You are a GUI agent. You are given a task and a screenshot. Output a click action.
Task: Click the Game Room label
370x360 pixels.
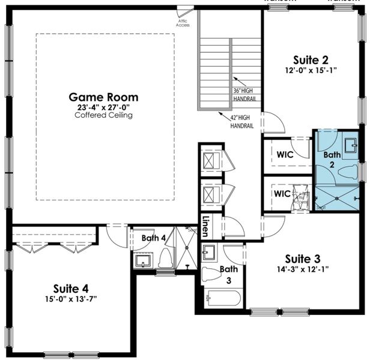pyautogui.click(x=103, y=97)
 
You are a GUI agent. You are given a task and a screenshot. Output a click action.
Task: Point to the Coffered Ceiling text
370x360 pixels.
pyautogui.click(x=103, y=115)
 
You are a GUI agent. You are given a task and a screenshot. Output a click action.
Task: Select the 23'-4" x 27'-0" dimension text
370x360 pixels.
pyautogui.click(x=103, y=107)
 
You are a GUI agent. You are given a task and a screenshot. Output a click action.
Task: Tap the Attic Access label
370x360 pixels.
pyautogui.click(x=183, y=23)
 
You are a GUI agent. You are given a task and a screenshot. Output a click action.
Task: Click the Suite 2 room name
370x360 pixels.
pyautogui.click(x=311, y=59)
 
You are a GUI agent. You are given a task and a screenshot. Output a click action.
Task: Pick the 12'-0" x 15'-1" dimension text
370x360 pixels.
pyautogui.click(x=311, y=70)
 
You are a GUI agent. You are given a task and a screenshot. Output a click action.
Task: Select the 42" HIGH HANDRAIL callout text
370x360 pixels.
pyautogui.click(x=241, y=122)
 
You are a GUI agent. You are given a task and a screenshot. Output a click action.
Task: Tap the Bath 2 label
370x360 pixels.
pyautogui.click(x=332, y=159)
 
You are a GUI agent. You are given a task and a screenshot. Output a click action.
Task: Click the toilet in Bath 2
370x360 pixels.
pyautogui.click(x=348, y=172)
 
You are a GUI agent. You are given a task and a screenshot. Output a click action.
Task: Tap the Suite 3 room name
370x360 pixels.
pyautogui.click(x=302, y=259)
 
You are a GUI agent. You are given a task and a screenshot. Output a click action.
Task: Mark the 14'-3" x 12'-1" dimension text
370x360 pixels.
pyautogui.click(x=302, y=269)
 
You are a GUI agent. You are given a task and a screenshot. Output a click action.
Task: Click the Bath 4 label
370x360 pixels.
pyautogui.click(x=154, y=238)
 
